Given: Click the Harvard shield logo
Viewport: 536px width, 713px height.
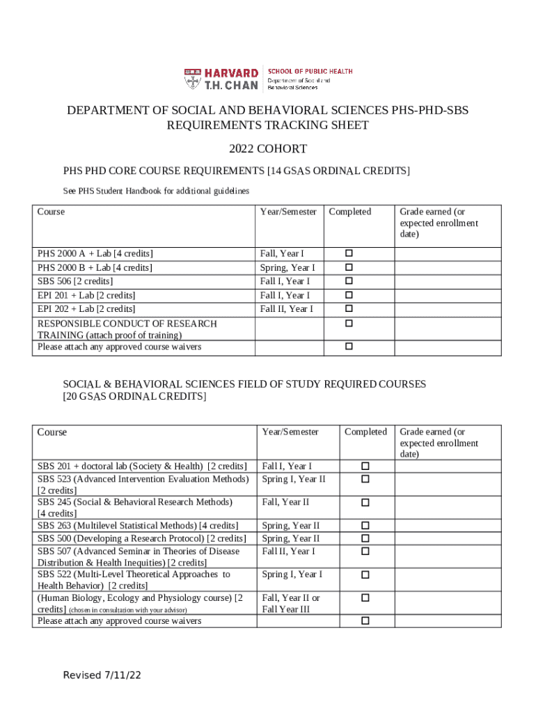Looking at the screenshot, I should pyautogui.click(x=192, y=79).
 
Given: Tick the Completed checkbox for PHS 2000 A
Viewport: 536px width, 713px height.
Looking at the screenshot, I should pyautogui.click(x=349, y=254).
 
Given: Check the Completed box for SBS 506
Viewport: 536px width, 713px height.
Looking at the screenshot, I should pyautogui.click(x=349, y=281).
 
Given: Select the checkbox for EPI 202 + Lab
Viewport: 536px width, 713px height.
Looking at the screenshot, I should pyautogui.click(x=349, y=308).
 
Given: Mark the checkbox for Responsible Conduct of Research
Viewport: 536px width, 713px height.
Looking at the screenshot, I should pyautogui.click(x=349, y=324).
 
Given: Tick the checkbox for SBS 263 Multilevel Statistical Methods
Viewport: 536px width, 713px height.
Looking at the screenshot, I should pyautogui.click(x=365, y=526).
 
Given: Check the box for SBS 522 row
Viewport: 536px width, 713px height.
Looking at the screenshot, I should pyautogui.click(x=365, y=575).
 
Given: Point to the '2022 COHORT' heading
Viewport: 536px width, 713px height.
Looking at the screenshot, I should pyautogui.click(x=268, y=149).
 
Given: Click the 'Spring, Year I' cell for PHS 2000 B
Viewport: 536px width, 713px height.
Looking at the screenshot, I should pyautogui.click(x=287, y=268).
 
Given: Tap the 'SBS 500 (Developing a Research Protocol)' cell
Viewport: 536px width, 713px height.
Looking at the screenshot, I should pyautogui.click(x=142, y=539).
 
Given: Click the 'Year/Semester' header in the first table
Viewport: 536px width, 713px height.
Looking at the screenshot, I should pyautogui.click(x=288, y=212).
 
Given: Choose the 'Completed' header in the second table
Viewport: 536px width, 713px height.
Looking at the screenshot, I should pyautogui.click(x=365, y=432).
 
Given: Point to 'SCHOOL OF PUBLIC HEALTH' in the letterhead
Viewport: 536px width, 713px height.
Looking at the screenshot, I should pyautogui.click(x=310, y=72).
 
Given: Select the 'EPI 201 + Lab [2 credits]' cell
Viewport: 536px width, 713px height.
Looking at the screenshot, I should pyautogui.click(x=86, y=295).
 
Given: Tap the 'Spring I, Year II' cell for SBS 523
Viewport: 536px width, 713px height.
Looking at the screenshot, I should pyautogui.click(x=293, y=479).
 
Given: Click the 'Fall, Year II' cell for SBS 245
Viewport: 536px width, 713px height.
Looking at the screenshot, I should pyautogui.click(x=285, y=502).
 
